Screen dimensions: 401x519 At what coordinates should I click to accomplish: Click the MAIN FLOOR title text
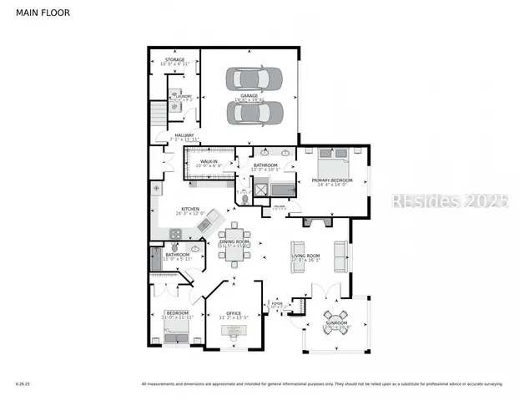point(38,13)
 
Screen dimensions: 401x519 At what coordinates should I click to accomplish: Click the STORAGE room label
point(174,60)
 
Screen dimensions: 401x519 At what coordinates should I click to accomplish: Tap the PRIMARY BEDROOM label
point(332,180)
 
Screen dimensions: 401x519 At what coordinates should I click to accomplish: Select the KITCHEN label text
point(189,208)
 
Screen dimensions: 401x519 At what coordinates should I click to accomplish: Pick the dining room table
point(234,245)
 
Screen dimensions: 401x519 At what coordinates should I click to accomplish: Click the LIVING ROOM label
point(305,256)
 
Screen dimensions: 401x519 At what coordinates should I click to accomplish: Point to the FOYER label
point(277,304)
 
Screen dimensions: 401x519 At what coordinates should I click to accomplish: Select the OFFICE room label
point(234,313)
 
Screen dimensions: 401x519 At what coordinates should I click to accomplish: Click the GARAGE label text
point(249,95)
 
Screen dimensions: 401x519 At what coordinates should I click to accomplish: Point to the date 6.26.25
point(22,385)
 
